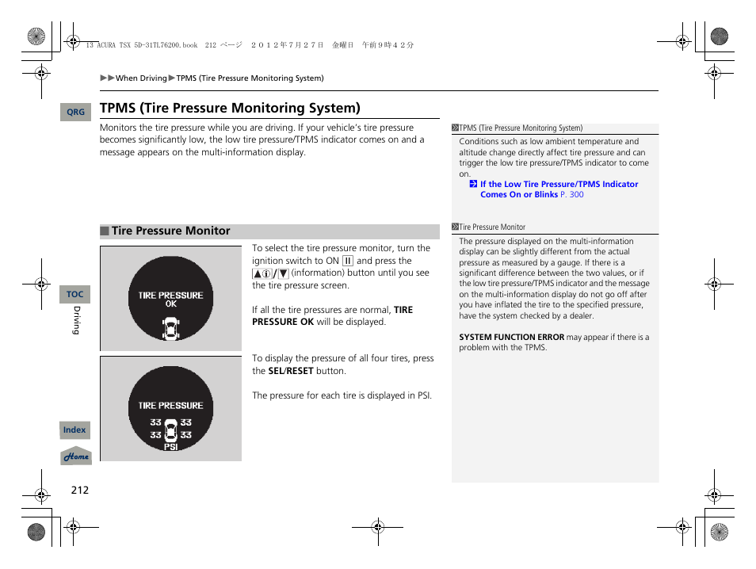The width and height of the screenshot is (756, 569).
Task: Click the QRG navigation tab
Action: pos(75,113)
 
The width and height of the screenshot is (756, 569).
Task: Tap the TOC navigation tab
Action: pos(74,294)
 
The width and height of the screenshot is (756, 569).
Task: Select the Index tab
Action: pos(74,430)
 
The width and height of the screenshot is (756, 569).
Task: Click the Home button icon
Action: pos(76,456)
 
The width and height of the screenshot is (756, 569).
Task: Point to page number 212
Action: pos(79,490)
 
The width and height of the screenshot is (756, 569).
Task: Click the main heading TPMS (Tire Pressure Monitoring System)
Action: pos(230,108)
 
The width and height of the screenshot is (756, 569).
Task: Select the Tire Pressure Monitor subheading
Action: pos(170,231)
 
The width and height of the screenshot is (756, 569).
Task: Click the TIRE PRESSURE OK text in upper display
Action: pos(170,299)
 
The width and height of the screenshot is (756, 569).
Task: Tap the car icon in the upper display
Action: pos(170,328)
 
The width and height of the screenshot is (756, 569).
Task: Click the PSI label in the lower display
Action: pos(170,447)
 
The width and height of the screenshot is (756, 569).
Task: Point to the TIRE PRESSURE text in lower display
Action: pos(170,405)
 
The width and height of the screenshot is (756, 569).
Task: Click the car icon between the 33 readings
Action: pos(170,429)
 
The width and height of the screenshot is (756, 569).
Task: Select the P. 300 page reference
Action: pos(571,195)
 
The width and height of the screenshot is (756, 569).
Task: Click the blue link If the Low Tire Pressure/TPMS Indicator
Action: pos(559,184)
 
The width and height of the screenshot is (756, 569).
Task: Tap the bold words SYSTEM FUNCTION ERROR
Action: pos(511,338)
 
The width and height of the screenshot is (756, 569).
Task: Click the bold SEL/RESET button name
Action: pos(291,371)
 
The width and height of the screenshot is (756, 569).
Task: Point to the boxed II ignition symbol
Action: pos(347,261)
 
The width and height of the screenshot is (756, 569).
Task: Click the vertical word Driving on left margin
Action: pos(76,319)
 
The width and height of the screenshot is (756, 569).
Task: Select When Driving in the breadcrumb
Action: pos(141,78)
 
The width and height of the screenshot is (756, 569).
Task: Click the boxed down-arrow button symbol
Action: pos(283,273)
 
